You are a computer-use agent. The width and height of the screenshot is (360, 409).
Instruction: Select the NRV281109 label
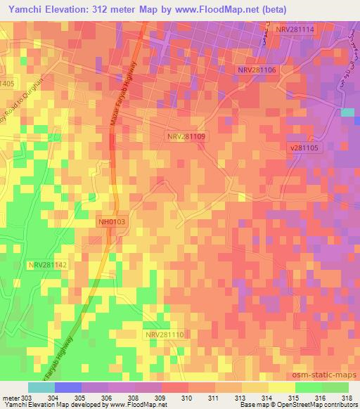pos(186,136)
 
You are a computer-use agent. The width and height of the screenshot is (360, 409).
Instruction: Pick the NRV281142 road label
pos(48,265)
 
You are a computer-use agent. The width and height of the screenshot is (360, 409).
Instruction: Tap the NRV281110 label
pos(165,335)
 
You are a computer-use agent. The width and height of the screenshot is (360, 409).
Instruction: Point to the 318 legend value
pos(347,397)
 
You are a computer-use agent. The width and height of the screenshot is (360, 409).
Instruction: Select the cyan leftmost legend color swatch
pos(41,387)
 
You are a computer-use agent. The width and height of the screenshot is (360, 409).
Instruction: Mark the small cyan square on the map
pos(347,112)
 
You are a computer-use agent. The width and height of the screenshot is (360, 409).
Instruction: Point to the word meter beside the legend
pos(10,397)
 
